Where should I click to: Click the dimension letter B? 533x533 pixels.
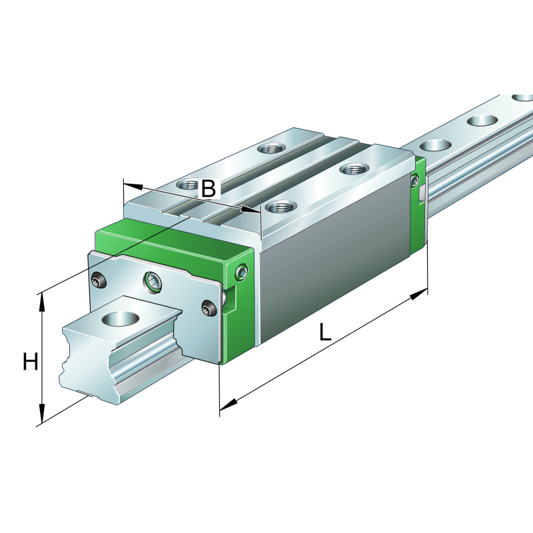point(209,189)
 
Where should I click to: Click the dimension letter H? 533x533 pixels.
point(30,362)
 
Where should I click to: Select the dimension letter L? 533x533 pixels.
point(324,332)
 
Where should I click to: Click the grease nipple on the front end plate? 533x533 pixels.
point(153,282)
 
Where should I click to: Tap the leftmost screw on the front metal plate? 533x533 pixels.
point(99,282)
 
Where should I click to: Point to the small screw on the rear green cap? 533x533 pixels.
point(416,179)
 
